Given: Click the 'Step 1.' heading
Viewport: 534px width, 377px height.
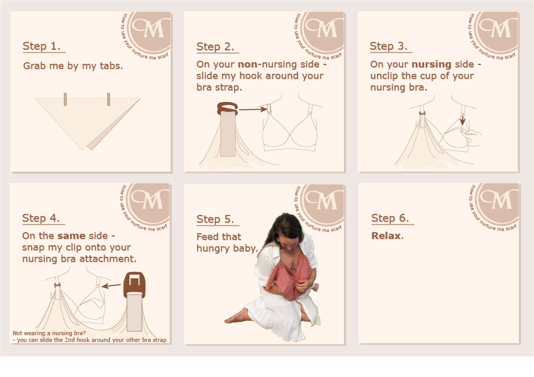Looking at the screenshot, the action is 41,46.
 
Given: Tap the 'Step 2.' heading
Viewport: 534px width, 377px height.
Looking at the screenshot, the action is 215,47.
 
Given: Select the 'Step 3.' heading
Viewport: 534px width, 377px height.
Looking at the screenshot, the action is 388,46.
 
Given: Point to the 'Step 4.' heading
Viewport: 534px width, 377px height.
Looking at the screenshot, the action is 41,218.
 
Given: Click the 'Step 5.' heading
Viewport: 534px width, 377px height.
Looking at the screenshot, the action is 215,219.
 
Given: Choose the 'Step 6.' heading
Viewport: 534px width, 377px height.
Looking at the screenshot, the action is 390,218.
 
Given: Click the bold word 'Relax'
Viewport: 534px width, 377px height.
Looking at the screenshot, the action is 386,235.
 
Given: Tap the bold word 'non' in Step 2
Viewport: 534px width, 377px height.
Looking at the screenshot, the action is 248,64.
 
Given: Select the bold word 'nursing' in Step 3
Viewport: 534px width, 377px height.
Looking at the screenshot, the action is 431,64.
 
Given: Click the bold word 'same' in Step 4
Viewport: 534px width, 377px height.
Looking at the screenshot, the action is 71,236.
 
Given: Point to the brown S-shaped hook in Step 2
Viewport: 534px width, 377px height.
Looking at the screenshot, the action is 228,109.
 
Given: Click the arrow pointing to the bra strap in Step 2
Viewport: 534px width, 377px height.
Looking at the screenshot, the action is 253,109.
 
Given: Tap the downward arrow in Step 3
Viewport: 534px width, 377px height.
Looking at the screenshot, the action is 462,120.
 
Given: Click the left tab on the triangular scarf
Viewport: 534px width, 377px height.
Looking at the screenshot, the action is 65,99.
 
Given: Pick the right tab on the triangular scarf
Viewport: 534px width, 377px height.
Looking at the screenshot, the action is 109,99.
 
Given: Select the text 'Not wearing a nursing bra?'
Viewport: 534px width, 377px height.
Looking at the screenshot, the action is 49,333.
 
